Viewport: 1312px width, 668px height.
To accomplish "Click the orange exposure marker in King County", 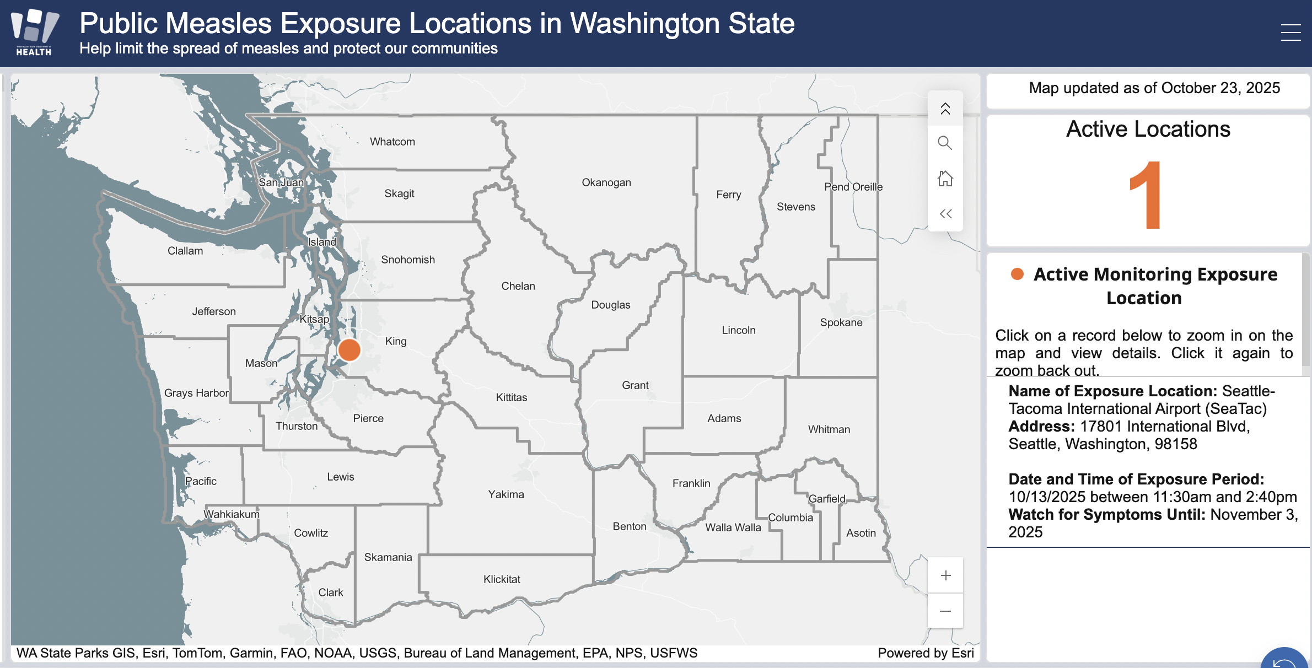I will pos(349,350).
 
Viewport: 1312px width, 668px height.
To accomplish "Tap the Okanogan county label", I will pos(606,182).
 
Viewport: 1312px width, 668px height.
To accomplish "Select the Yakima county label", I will pos(506,494).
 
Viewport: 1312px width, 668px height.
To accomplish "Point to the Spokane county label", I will pos(841,322).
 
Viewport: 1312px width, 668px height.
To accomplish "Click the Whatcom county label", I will pos(392,142).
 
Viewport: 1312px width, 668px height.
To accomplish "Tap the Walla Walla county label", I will pos(733,527).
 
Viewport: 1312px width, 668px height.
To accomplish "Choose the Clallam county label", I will pos(185,251).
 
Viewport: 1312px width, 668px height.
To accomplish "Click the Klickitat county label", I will pos(502,579).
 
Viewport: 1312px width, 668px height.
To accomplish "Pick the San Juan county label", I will pos(281,182).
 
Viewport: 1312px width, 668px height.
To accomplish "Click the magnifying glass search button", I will pos(945,143).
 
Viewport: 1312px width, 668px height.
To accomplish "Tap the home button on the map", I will pos(945,179).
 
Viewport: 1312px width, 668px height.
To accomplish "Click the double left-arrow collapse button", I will pos(945,214).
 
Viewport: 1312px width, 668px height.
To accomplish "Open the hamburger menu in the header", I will pos(1291,33).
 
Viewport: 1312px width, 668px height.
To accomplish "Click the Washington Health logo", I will pos(34,33).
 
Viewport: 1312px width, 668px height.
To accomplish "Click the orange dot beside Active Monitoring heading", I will pos(1017,274).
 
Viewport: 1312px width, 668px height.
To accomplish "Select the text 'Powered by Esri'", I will pos(926,653).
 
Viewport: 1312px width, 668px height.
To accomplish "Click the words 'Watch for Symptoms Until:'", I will pos(1107,515).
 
